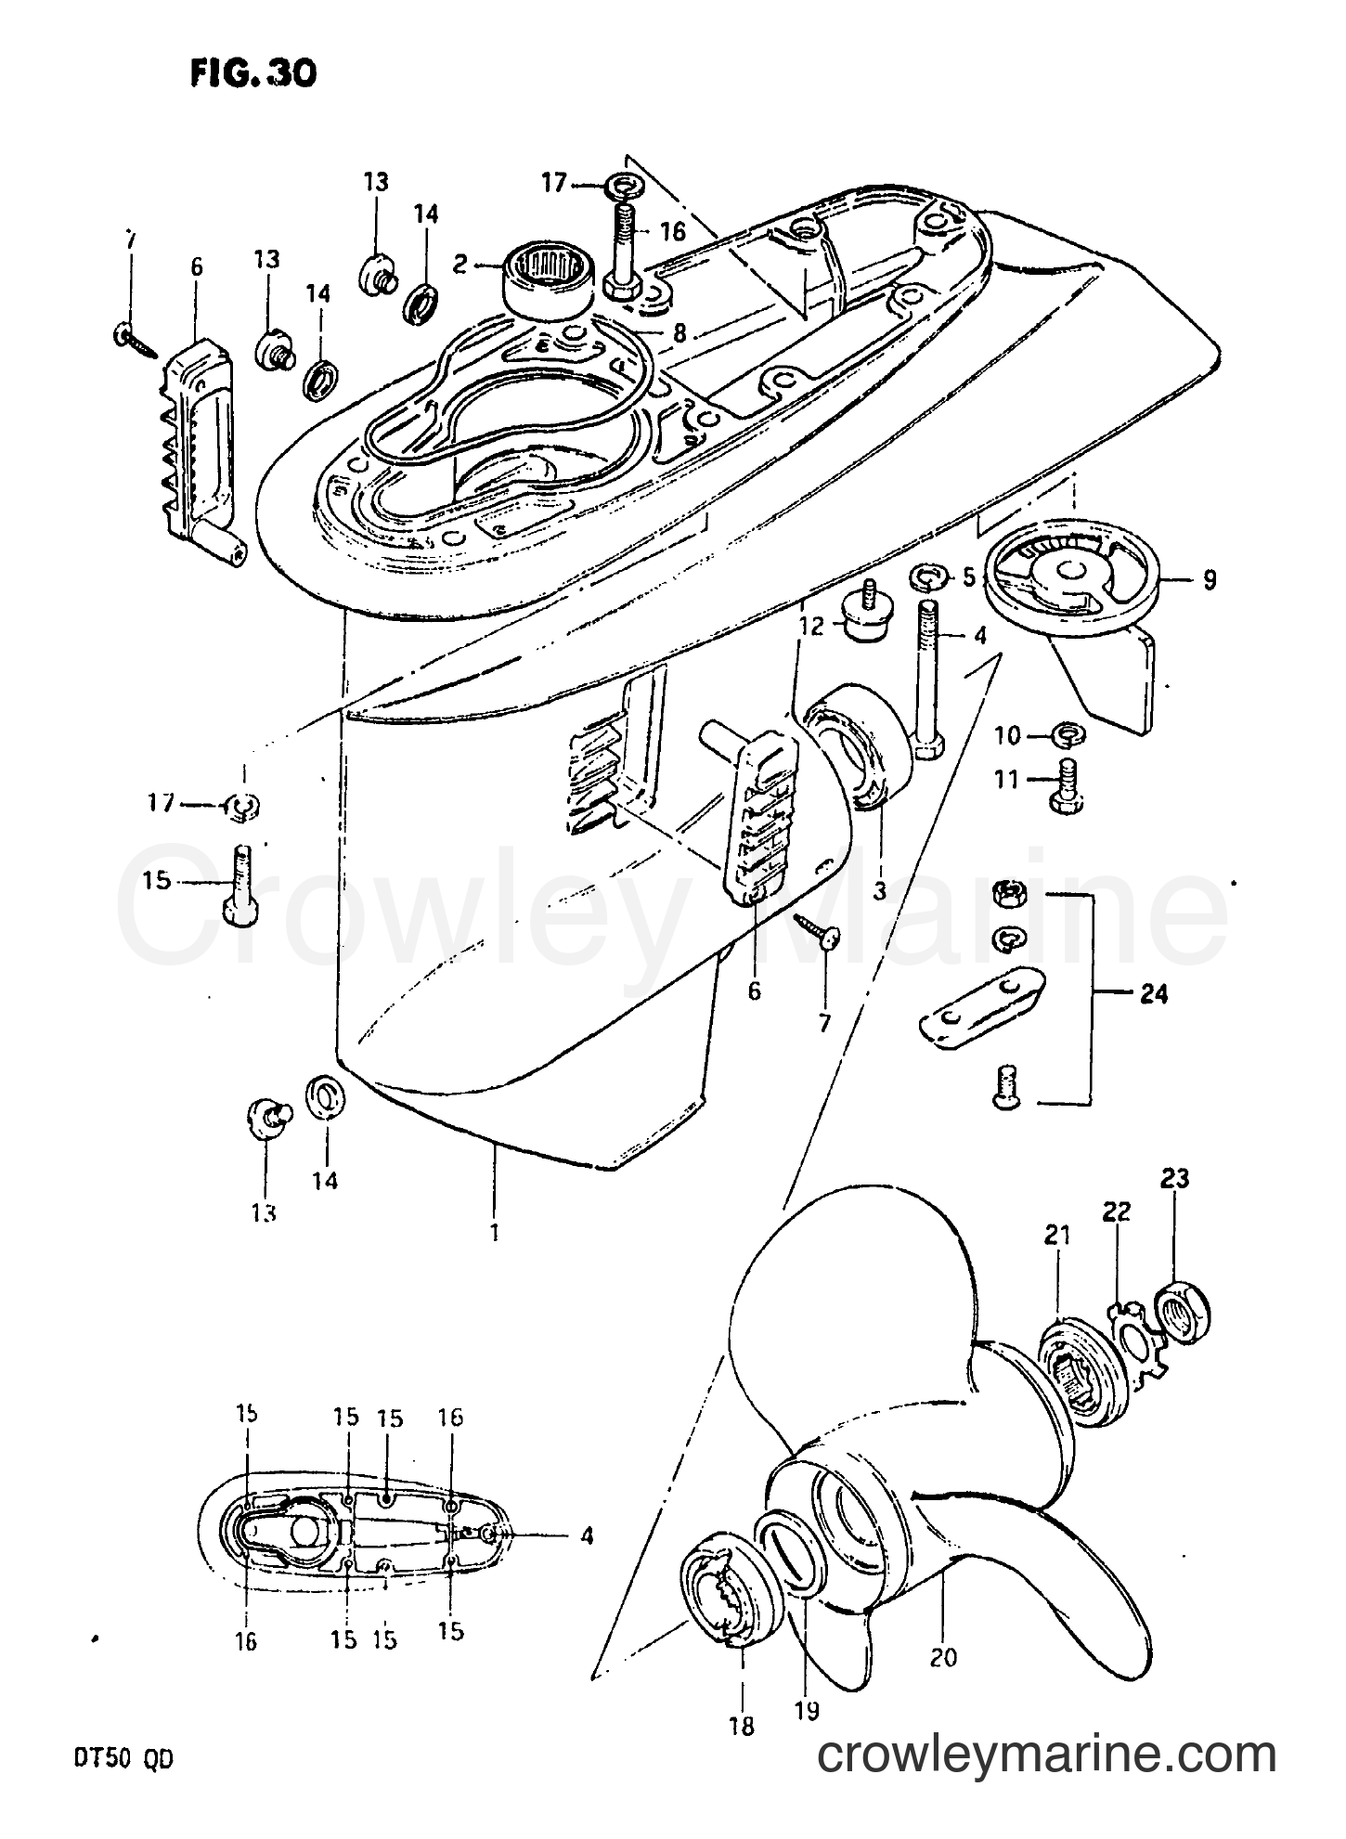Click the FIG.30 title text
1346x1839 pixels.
pyautogui.click(x=252, y=73)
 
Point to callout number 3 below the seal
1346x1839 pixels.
pyautogui.click(x=879, y=890)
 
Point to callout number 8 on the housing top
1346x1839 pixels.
pyautogui.click(x=680, y=331)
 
